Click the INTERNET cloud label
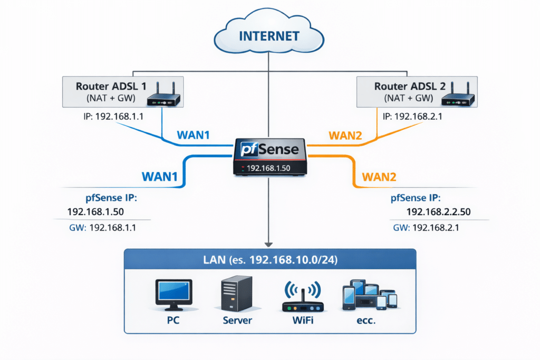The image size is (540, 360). (269, 36)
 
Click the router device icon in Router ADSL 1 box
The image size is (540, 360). (163, 98)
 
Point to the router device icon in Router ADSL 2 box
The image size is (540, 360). (458, 98)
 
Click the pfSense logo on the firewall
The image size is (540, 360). (269, 149)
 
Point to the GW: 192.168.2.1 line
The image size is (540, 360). (427, 228)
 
